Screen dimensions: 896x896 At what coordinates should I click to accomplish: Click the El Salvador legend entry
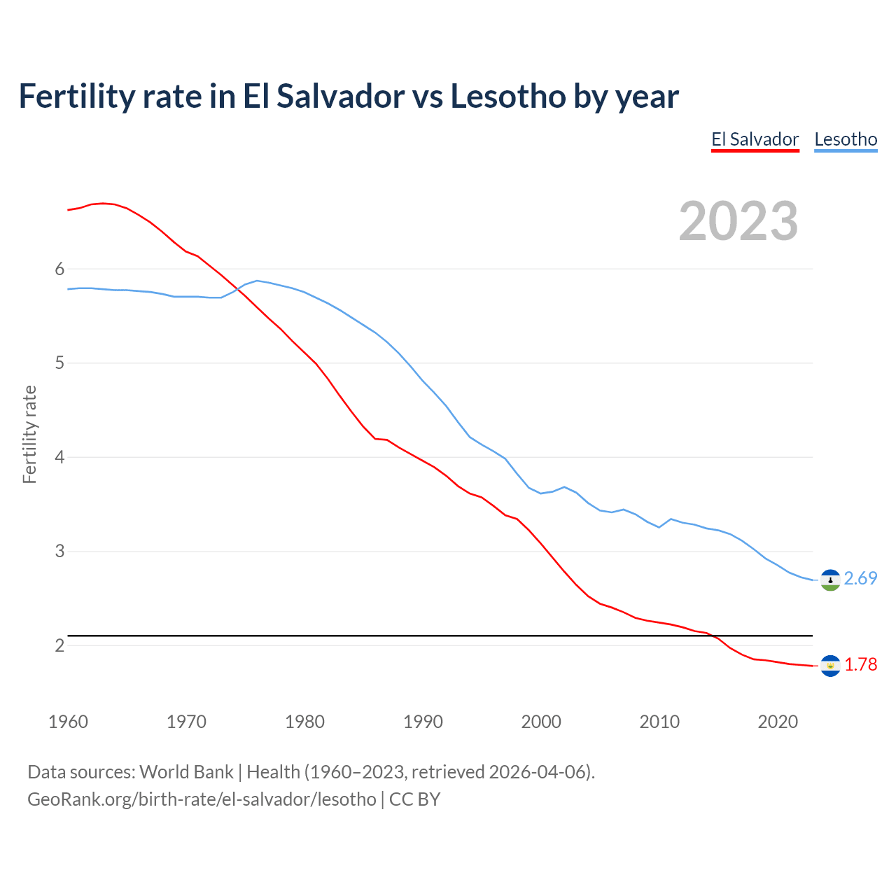click(755, 139)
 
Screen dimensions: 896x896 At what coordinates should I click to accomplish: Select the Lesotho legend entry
click(846, 139)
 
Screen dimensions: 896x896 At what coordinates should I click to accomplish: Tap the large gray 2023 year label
click(738, 221)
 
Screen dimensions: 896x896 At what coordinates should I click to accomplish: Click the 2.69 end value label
click(860, 578)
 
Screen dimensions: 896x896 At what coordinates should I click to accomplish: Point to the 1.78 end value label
click(860, 664)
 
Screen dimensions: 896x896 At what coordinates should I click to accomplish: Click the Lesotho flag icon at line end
click(830, 580)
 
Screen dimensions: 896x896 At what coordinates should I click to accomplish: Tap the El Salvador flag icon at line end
click(830, 666)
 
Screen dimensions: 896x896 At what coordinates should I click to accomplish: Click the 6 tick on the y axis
click(59, 269)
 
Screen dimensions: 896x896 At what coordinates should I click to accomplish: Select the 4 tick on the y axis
click(59, 457)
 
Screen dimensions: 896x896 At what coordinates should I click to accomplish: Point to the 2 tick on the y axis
click(59, 645)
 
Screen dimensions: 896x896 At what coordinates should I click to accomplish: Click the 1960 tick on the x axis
click(68, 722)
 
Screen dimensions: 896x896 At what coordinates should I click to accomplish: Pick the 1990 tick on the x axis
click(423, 722)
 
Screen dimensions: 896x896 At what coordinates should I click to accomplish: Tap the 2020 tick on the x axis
click(778, 722)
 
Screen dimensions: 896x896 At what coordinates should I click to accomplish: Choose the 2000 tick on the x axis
click(541, 722)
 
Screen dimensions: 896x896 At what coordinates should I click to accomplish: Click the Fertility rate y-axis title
click(29, 434)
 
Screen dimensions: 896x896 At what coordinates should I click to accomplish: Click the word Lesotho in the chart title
click(507, 96)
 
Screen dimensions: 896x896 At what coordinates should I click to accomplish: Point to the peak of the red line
click(103, 203)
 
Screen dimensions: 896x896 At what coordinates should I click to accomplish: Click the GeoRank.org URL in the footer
click(202, 799)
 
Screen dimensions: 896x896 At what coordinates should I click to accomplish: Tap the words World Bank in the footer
click(186, 772)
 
